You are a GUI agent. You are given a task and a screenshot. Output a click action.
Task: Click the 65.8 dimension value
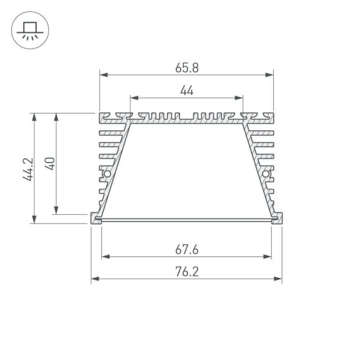click(187, 64)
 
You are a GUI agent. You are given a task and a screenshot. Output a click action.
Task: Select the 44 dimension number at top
click(187, 91)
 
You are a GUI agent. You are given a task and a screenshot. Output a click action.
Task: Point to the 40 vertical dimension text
click(51, 163)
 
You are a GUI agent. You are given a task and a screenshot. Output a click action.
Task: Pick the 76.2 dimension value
click(187, 271)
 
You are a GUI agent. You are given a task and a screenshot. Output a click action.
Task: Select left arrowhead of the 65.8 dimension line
click(104, 75)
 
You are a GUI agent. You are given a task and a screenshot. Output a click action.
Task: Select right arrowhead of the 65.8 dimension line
click(269, 75)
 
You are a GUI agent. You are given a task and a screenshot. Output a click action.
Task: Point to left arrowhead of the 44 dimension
click(134, 98)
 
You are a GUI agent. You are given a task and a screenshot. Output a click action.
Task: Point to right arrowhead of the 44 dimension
click(239, 98)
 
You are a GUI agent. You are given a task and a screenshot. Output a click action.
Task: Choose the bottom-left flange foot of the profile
click(96, 218)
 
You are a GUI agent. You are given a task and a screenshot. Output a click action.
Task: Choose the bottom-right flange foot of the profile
click(277, 218)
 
